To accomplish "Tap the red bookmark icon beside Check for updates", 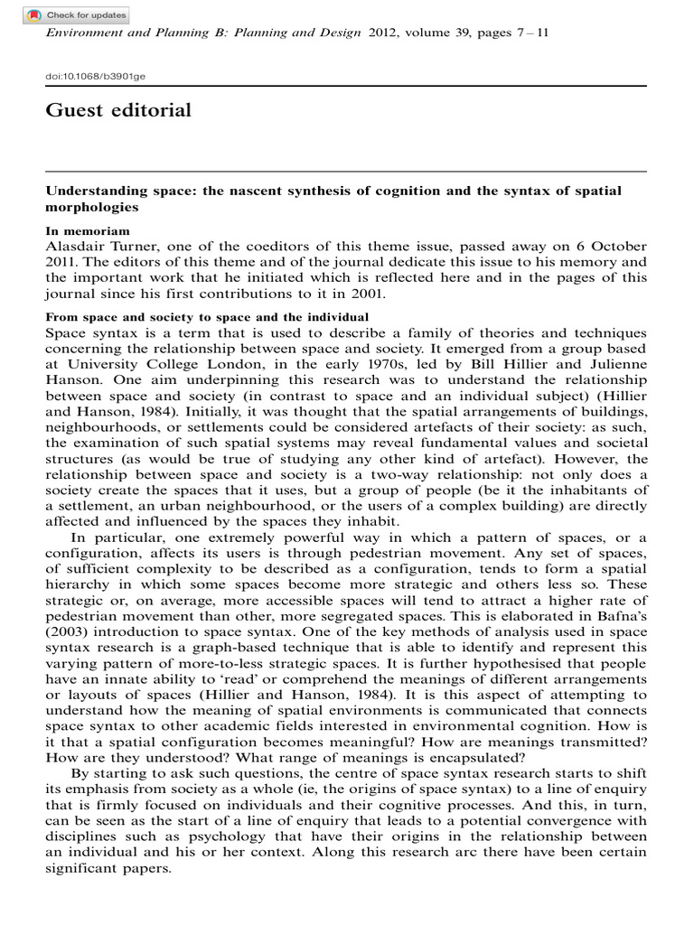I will [34, 15].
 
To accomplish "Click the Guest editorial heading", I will [117, 111].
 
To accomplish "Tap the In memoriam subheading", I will [80, 231].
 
